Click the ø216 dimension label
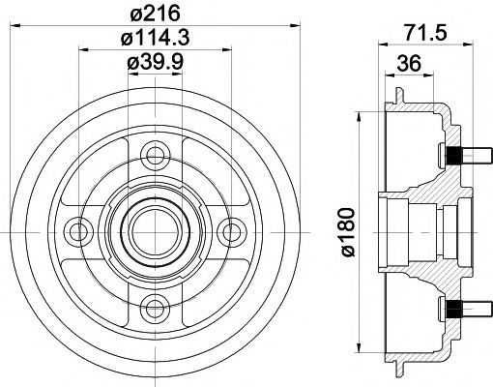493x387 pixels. [x=155, y=14]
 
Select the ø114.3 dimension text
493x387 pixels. [x=155, y=38]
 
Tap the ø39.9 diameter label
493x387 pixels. [x=155, y=62]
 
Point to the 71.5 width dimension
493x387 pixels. [x=426, y=32]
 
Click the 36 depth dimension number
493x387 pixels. [x=409, y=63]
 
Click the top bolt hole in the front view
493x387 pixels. [x=156, y=156]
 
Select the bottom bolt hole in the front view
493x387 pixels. [x=156, y=309]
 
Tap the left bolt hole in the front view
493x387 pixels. [x=79, y=232]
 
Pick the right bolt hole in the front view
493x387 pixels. [x=231, y=232]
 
